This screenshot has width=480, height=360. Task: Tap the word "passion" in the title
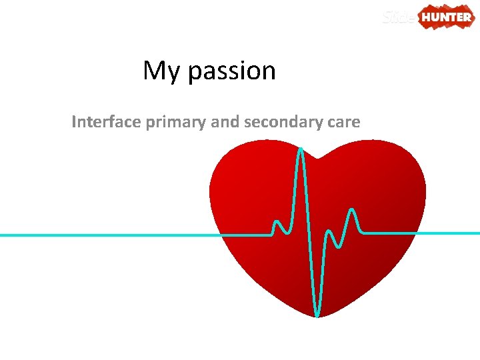pyautogui.click(x=232, y=71)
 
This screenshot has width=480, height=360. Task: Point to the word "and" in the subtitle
pyautogui.click(x=225, y=122)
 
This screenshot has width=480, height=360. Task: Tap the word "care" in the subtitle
pyautogui.click(x=343, y=123)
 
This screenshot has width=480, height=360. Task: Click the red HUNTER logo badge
pyautogui.click(x=446, y=17)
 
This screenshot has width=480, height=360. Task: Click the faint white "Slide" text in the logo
pyautogui.click(x=399, y=17)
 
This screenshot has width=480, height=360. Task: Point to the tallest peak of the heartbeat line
pyautogui.click(x=301, y=149)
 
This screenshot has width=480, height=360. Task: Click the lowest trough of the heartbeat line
pyautogui.click(x=317, y=314)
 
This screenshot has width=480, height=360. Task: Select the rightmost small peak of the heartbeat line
pyautogui.click(x=352, y=211)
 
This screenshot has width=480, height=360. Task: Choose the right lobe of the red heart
pyautogui.click(x=383, y=180)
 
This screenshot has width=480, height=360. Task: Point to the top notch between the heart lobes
pyautogui.click(x=319, y=159)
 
